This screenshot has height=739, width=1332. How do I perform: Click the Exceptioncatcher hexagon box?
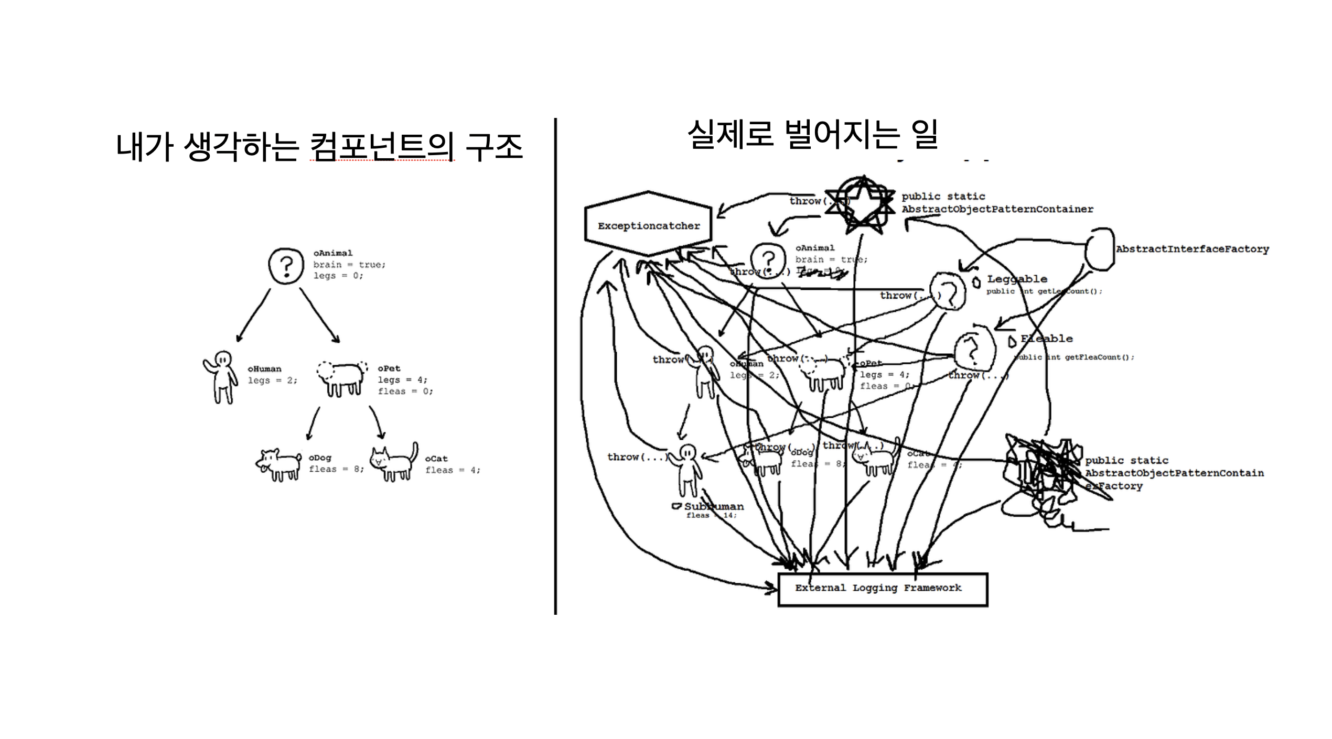click(648, 225)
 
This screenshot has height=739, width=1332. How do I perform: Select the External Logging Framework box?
click(883, 589)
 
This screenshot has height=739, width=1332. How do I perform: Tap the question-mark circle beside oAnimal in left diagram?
click(286, 266)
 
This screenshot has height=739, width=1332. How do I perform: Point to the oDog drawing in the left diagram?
click(279, 464)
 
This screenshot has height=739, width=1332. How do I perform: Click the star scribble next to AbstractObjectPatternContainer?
click(860, 204)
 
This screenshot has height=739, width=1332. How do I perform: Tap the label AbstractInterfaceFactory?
click(1192, 249)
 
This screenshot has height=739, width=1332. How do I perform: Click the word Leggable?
click(1017, 279)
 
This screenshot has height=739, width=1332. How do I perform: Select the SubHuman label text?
click(714, 506)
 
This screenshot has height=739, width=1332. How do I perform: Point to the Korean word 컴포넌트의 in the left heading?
click(382, 146)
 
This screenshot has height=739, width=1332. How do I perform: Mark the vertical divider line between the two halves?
click(555, 367)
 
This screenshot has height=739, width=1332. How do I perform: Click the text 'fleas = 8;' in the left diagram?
click(336, 469)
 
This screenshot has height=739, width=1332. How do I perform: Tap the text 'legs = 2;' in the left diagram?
click(272, 381)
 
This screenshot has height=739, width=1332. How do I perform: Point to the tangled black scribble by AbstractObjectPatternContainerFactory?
click(1041, 472)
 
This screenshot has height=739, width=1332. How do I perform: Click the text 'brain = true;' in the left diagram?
click(349, 265)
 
